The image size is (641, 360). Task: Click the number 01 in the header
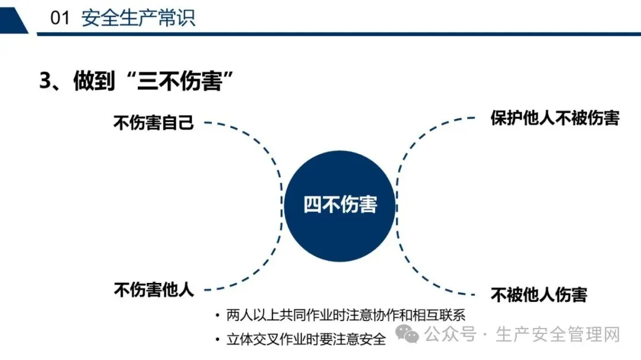[60, 18]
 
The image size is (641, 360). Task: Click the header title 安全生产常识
[138, 18]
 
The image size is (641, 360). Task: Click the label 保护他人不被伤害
[555, 118]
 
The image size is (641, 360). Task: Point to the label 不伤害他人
[154, 290]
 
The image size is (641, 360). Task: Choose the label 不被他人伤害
[539, 294]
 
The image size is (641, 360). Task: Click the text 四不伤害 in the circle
[340, 205]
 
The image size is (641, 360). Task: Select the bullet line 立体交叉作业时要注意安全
[306, 339]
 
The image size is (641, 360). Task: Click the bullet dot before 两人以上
[218, 316]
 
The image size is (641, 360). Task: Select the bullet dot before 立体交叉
[218, 340]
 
